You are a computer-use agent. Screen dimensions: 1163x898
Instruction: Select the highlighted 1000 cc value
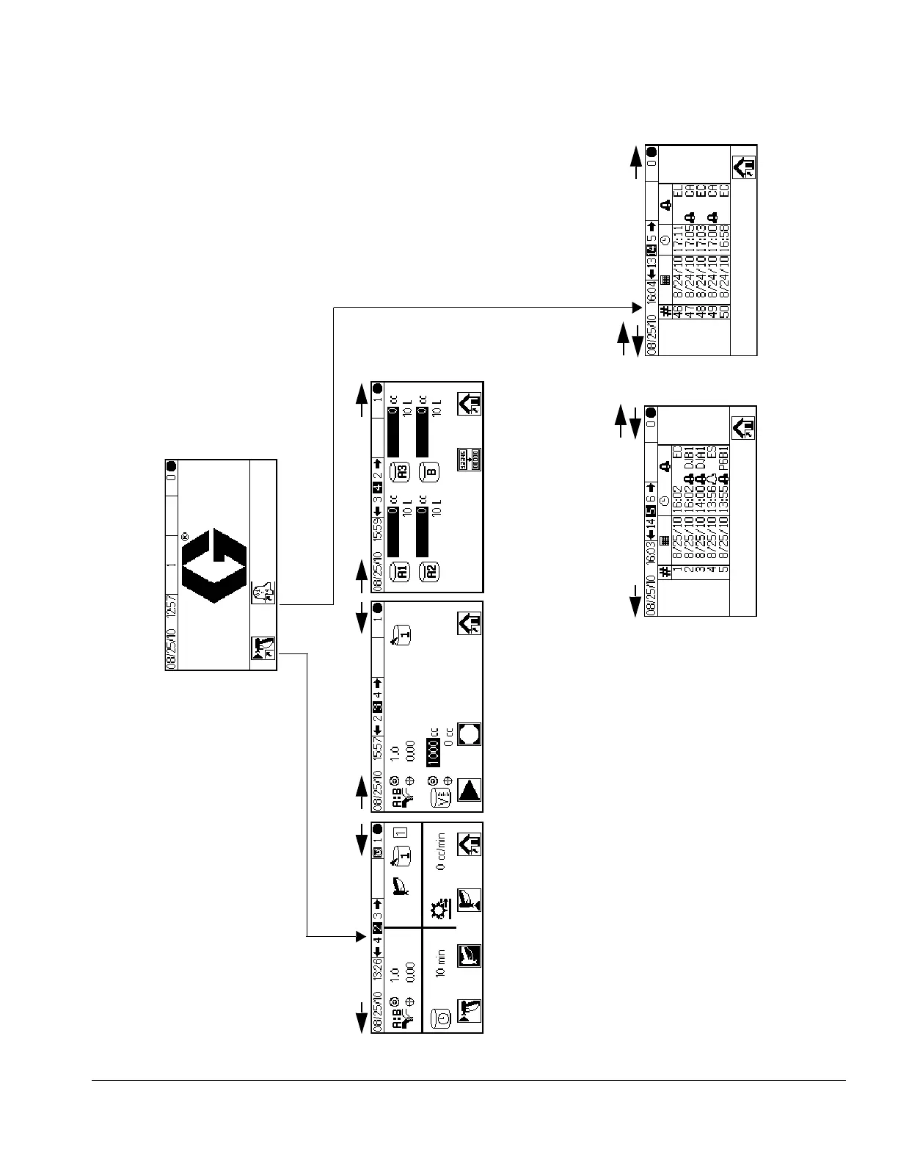coord(433,749)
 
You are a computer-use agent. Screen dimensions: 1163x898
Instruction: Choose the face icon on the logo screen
coord(260,593)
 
